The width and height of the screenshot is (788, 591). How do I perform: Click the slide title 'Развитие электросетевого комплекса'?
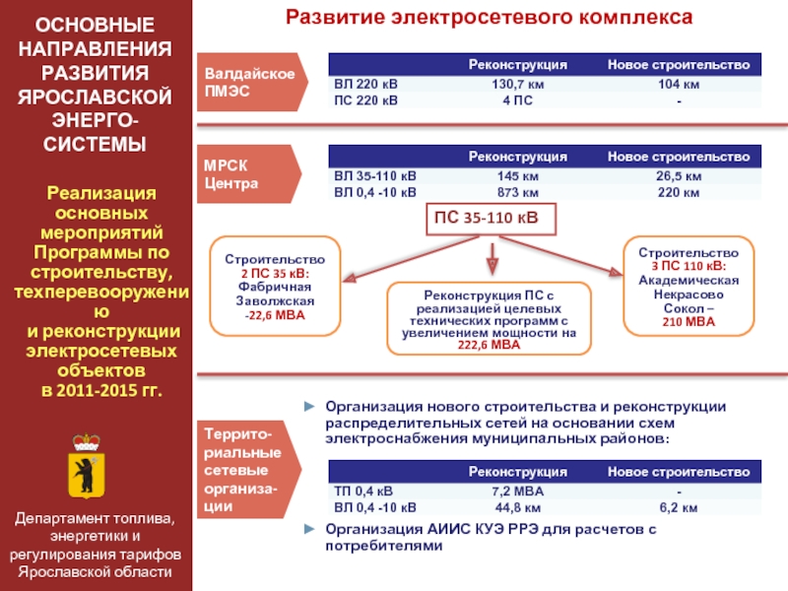tap(489, 17)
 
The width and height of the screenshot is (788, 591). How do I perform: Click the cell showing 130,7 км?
tap(518, 84)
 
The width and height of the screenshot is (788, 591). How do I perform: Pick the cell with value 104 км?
tap(679, 84)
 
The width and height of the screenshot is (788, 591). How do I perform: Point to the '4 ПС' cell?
tap(518, 100)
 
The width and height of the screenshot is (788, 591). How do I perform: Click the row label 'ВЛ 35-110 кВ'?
tap(375, 176)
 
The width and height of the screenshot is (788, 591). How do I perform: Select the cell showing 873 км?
tap(518, 192)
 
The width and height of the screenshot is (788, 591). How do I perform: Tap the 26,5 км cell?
tap(679, 176)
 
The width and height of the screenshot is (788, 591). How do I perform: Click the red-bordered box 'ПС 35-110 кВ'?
tap(491, 219)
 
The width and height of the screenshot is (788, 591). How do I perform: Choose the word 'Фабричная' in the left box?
tap(275, 287)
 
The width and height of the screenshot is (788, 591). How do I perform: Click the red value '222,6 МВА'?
tap(489, 345)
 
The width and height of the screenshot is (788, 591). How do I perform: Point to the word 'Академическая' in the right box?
tap(689, 280)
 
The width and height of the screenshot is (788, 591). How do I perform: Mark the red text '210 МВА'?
tap(689, 322)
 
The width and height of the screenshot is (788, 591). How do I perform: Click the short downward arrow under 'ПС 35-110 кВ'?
tap(492, 259)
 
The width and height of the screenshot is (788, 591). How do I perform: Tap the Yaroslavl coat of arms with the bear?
tap(87, 466)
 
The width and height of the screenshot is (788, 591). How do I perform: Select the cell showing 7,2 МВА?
tap(518, 491)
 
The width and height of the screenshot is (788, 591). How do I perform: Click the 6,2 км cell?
tap(679, 507)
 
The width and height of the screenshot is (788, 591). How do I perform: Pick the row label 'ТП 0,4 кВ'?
tap(363, 491)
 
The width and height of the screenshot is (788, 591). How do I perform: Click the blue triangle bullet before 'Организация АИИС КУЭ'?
tap(309, 529)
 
